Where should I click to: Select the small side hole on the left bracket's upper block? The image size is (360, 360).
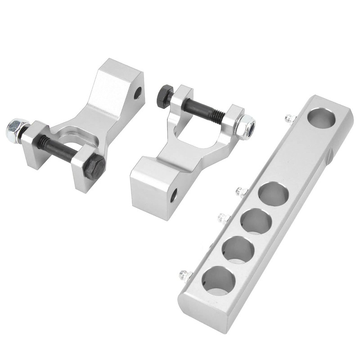138,94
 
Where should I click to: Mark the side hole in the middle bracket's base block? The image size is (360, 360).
173,194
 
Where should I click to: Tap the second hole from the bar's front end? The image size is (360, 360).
237,249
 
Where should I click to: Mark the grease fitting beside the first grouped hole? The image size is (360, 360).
242,193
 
